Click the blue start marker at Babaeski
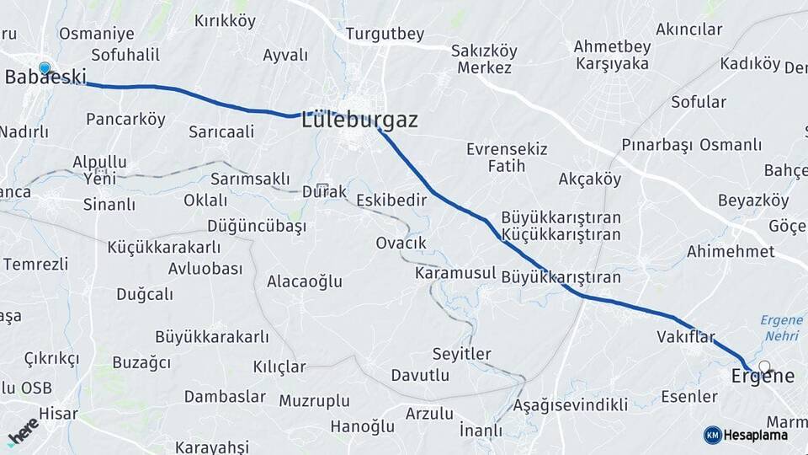click(x=45, y=68)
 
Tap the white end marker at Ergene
click(x=764, y=367)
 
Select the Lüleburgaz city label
click(x=359, y=120)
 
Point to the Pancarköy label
click(x=125, y=119)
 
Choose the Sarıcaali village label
click(x=221, y=131)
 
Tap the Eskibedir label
click(x=391, y=200)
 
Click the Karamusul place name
click(x=454, y=274)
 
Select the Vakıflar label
click(x=685, y=337)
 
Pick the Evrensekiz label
click(x=507, y=149)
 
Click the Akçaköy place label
click(x=589, y=179)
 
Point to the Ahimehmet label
click(x=731, y=251)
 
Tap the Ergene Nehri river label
click(x=780, y=327)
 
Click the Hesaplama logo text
click(x=756, y=436)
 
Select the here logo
click(x=24, y=431)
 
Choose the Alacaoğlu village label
click(x=305, y=281)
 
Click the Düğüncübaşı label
click(x=257, y=226)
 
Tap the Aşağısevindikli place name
click(x=570, y=405)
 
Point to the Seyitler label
click(x=461, y=354)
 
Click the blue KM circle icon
click(x=712, y=435)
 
